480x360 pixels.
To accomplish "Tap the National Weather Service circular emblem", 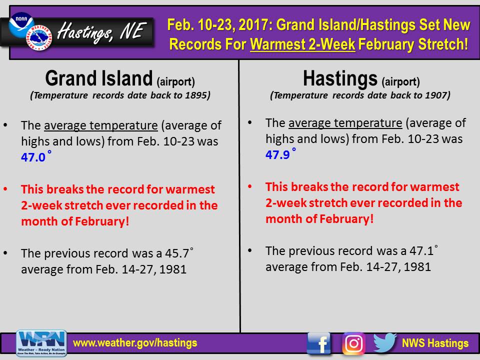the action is point(39,37).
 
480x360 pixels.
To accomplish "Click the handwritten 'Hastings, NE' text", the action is point(101,32).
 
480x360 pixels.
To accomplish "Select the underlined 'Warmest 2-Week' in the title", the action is point(302,44).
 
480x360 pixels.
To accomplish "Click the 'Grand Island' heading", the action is point(99,78).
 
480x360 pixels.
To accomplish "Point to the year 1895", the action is point(196,95).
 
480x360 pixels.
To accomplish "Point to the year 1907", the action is point(436,95).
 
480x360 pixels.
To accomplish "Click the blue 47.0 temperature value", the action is point(33,157).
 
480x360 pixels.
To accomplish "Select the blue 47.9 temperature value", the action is point(277,155).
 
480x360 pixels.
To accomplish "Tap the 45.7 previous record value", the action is point(177,253).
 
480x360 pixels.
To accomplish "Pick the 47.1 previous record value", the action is point(421,251).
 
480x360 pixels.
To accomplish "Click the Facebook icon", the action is point(319,343).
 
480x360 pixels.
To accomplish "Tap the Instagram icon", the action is point(353,343).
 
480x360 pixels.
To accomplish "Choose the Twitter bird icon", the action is point(385,342).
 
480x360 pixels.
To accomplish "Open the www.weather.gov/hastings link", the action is point(135,343).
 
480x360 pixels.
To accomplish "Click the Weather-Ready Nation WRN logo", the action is point(41,343).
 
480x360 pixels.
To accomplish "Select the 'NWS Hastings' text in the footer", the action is point(435,343).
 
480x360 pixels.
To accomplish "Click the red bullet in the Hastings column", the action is point(250,186).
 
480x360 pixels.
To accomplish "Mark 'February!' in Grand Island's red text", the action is point(102,221).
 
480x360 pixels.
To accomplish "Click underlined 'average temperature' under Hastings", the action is point(345,123).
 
